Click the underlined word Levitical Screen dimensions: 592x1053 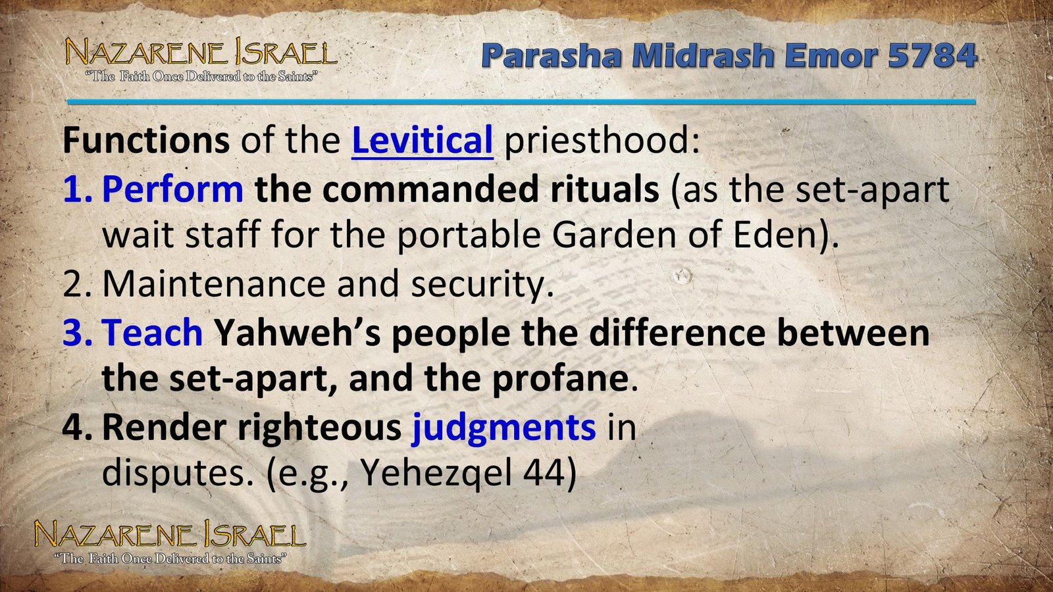[x=422, y=140]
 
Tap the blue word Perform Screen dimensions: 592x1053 [x=172, y=189]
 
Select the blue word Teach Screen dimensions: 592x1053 [x=152, y=332]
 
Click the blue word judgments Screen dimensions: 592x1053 [x=503, y=427]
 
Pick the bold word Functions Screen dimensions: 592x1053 [x=145, y=140]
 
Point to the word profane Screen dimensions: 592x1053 [x=559, y=378]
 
